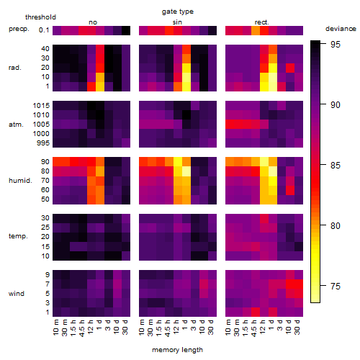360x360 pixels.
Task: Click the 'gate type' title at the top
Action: pyautogui.click(x=178, y=12)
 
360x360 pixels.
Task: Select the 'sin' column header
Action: pyautogui.click(x=177, y=22)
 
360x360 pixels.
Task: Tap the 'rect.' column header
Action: pyautogui.click(x=262, y=22)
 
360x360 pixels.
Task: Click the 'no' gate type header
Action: pyautogui.click(x=93, y=22)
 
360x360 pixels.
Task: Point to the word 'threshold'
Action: pyautogui.click(x=40, y=17)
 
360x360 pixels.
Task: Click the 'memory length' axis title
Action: pyautogui.click(x=177, y=350)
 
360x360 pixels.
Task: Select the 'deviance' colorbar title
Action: pyautogui.click(x=341, y=29)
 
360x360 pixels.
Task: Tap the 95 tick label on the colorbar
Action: pyautogui.click(x=336, y=45)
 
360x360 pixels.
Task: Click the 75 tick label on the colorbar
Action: pyautogui.click(x=336, y=286)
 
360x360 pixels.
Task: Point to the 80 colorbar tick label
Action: pyautogui.click(x=336, y=226)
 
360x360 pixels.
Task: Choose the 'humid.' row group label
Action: pyautogui.click(x=20, y=181)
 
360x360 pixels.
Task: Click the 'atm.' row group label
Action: pyautogui.click(x=16, y=125)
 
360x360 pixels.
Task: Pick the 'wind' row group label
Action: pyautogui.click(x=17, y=294)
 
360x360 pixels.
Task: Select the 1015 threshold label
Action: pyautogui.click(x=41, y=106)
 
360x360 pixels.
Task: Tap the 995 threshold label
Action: pyautogui.click(x=43, y=143)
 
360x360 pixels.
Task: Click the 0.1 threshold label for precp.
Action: pyautogui.click(x=44, y=30)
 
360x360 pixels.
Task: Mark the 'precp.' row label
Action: pyautogui.click(x=19, y=29)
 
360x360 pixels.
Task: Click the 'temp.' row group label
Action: pyautogui.click(x=18, y=236)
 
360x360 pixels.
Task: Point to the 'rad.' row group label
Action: pyautogui.click(x=15, y=68)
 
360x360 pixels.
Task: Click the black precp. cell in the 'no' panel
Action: pyautogui.click(x=126, y=30)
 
